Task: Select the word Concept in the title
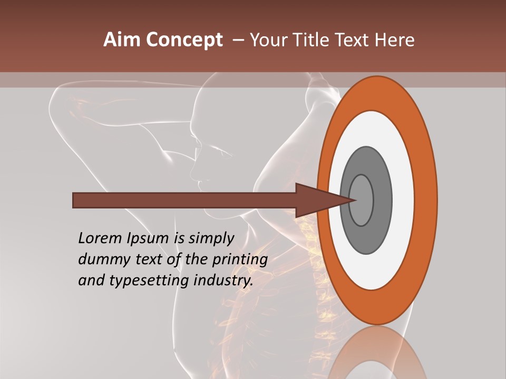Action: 184,40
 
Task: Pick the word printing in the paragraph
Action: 240,260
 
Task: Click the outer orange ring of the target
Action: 426,200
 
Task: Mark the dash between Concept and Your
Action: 238,40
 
